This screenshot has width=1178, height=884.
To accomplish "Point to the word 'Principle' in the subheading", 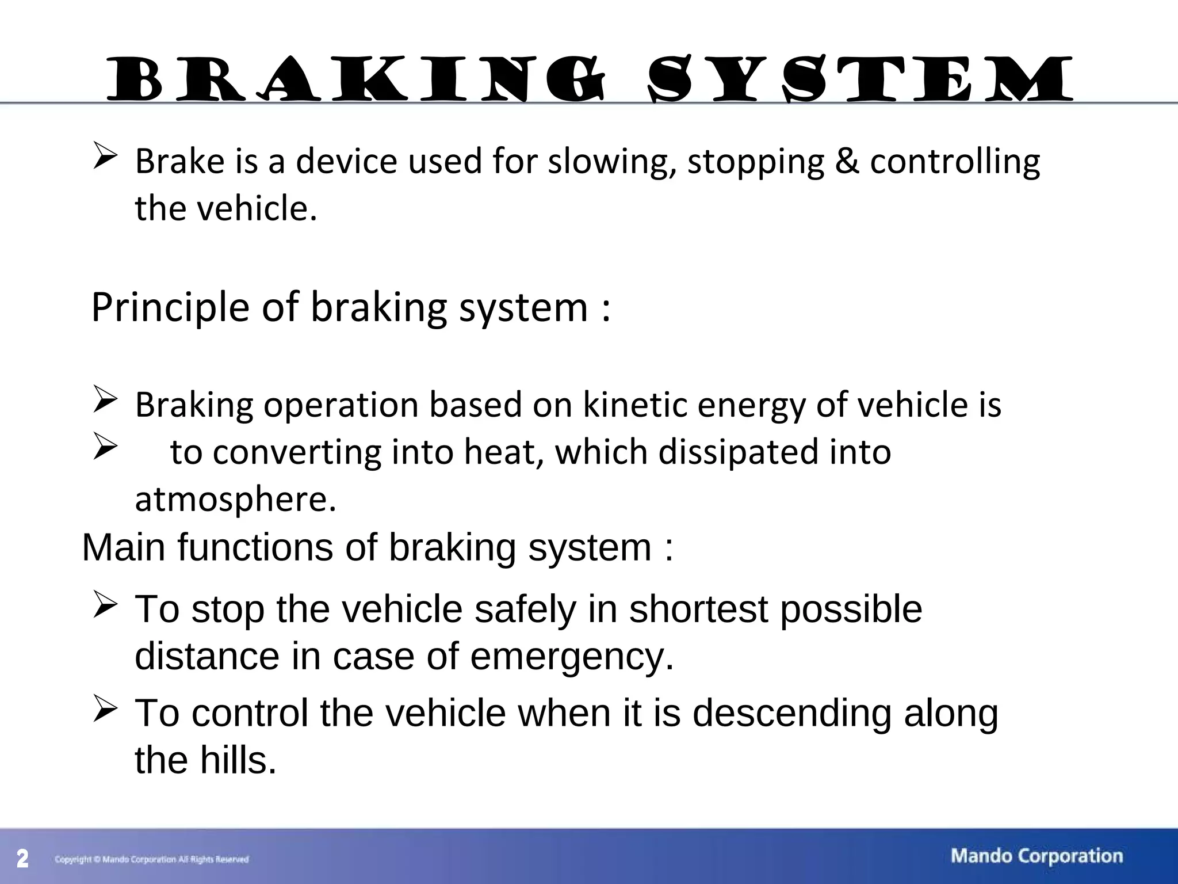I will (170, 307).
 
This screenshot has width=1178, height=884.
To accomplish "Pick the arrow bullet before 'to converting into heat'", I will (105, 447).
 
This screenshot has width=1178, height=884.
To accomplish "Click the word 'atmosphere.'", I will (235, 500).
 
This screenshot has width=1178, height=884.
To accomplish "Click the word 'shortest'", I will (698, 609).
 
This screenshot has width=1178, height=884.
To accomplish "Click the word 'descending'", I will (791, 713).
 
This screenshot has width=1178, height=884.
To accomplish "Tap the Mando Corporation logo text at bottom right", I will (1037, 856).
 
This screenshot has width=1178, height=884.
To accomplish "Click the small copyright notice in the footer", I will (152, 860).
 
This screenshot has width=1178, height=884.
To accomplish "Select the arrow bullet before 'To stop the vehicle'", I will (105, 605).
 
